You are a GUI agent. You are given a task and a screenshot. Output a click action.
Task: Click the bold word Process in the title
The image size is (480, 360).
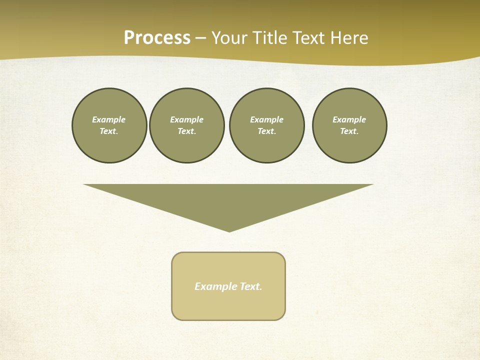[x=157, y=38]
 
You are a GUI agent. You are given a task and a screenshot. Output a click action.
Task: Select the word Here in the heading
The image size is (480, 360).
[x=349, y=38]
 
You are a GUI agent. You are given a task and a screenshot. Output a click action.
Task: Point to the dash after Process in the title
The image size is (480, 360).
[x=200, y=38]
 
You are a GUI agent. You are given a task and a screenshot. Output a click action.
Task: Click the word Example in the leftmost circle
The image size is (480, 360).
[x=109, y=119]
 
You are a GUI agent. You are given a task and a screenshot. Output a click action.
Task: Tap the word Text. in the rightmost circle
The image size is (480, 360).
[x=349, y=131]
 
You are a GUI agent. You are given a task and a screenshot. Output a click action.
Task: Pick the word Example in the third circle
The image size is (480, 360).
[x=266, y=119]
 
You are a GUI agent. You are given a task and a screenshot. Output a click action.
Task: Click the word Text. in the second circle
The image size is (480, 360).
[x=187, y=131]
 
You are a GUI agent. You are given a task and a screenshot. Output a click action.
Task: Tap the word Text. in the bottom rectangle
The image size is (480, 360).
[x=251, y=286]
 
